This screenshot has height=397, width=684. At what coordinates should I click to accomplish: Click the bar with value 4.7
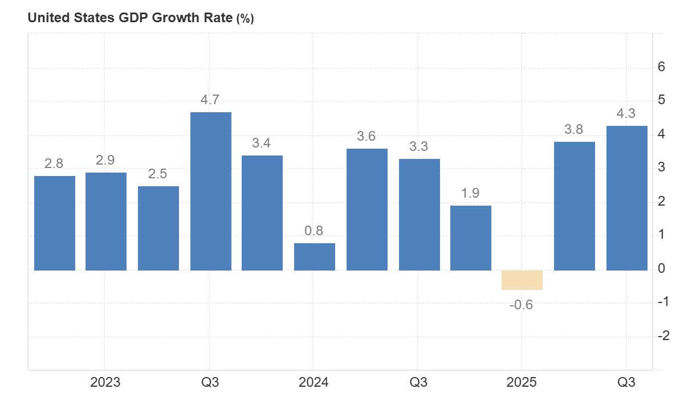pyautogui.click(x=210, y=191)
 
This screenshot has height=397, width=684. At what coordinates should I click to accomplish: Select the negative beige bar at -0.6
pyautogui.click(x=522, y=280)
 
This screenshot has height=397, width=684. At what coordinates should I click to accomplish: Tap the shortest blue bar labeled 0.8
pyautogui.click(x=314, y=257)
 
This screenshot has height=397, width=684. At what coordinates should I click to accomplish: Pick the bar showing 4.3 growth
pyautogui.click(x=626, y=198)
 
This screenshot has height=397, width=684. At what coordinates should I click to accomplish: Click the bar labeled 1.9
pyautogui.click(x=470, y=238)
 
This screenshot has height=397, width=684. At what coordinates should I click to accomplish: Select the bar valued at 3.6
pyautogui.click(x=367, y=210)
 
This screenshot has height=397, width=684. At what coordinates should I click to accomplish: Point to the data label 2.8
pyautogui.click(x=54, y=164)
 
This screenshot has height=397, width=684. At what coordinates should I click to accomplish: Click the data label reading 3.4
pyautogui.click(x=262, y=144)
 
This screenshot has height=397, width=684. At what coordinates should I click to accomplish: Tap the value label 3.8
pyautogui.click(x=574, y=130)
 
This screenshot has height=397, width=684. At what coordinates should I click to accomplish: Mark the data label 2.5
pyautogui.click(x=158, y=174)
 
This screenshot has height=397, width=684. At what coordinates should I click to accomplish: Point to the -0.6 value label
pyautogui.click(x=521, y=305)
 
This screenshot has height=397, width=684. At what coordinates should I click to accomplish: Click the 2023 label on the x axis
pyautogui.click(x=105, y=382)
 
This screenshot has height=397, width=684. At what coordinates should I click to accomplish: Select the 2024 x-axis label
pyautogui.click(x=313, y=382)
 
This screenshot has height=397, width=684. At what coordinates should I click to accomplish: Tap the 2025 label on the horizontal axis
pyautogui.click(x=522, y=382)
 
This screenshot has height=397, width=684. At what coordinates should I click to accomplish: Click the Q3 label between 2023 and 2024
pyautogui.click(x=210, y=382)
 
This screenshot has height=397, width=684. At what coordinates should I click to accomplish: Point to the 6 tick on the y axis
pyautogui.click(x=662, y=67)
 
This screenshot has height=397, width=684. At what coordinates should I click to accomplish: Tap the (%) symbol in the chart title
pyautogui.click(x=245, y=18)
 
